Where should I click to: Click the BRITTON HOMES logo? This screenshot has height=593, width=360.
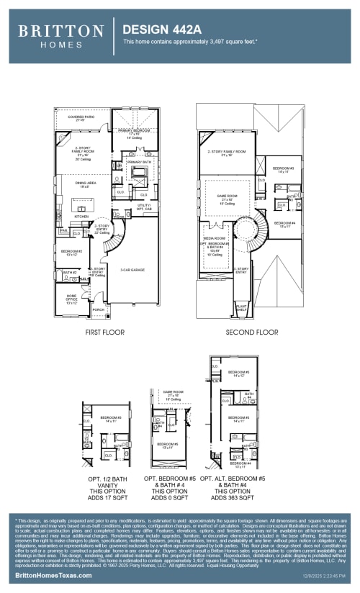pyautogui.click(x=60, y=35)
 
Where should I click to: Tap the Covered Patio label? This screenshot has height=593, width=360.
pyautogui.click(x=80, y=117)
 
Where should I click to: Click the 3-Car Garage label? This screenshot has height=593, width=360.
pyautogui.click(x=133, y=270)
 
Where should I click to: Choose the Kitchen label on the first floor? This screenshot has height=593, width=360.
pyautogui.click(x=81, y=216)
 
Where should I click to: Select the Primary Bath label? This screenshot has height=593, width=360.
pyautogui.click(x=139, y=163)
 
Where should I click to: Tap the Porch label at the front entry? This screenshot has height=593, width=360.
pyautogui.click(x=99, y=309)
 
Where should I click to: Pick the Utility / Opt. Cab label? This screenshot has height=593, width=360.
pyautogui.click(x=145, y=207)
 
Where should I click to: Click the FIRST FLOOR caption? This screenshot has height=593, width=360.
pyautogui.click(x=105, y=332)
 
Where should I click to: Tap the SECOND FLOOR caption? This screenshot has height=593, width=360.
pyautogui.click(x=251, y=332)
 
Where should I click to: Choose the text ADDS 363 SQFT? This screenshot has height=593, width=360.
pyautogui.click(x=232, y=497)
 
